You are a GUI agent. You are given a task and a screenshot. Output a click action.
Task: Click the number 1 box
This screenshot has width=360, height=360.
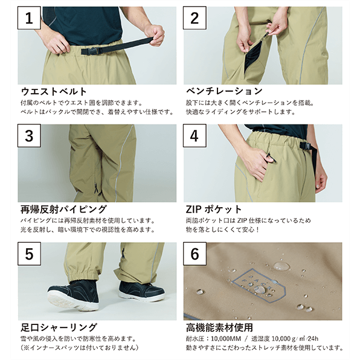pyautogui.click(x=29, y=18)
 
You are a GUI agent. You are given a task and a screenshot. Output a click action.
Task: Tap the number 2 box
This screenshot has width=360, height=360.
pyautogui.click(x=194, y=18)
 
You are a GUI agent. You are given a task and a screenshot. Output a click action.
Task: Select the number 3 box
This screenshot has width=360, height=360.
pyautogui.click(x=29, y=136)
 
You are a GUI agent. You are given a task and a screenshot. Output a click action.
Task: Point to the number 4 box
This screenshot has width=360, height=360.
pyautogui.click(x=194, y=136)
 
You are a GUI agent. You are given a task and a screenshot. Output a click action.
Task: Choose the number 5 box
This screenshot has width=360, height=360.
pyautogui.click(x=29, y=254)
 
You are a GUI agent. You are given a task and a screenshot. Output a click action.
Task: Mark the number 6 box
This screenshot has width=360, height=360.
pyautogui.click(x=194, y=254)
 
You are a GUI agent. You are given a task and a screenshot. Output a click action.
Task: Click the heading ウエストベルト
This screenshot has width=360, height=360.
pyautogui.click(x=54, y=91)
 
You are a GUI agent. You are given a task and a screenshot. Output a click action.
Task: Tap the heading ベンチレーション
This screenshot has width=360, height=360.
pyautogui.click(x=224, y=91)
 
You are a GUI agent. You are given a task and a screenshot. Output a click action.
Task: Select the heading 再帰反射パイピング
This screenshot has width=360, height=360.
pyautogui.click(x=63, y=209)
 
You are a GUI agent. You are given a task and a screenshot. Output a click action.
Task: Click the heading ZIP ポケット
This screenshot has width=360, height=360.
pyautogui.click(x=214, y=209)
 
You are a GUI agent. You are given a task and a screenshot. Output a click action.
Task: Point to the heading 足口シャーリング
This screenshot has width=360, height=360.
pyautogui.click(x=59, y=327)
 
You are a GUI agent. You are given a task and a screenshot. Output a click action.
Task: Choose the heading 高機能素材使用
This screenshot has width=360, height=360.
pyautogui.click(x=219, y=327)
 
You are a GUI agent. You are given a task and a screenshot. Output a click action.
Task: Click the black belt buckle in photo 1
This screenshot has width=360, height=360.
pyautogui.click(x=89, y=51)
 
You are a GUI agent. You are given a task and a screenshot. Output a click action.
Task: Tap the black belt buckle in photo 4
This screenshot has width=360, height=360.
pyautogui.click(x=305, y=146)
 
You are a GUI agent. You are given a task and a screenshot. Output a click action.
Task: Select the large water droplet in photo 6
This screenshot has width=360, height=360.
pyautogui.click(x=281, y=266)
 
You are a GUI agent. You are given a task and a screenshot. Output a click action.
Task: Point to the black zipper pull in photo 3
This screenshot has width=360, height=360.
pyautogui.click(x=97, y=188)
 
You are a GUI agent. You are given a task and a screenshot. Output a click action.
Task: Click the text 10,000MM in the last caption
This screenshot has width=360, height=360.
pyautogui.click(x=226, y=339)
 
